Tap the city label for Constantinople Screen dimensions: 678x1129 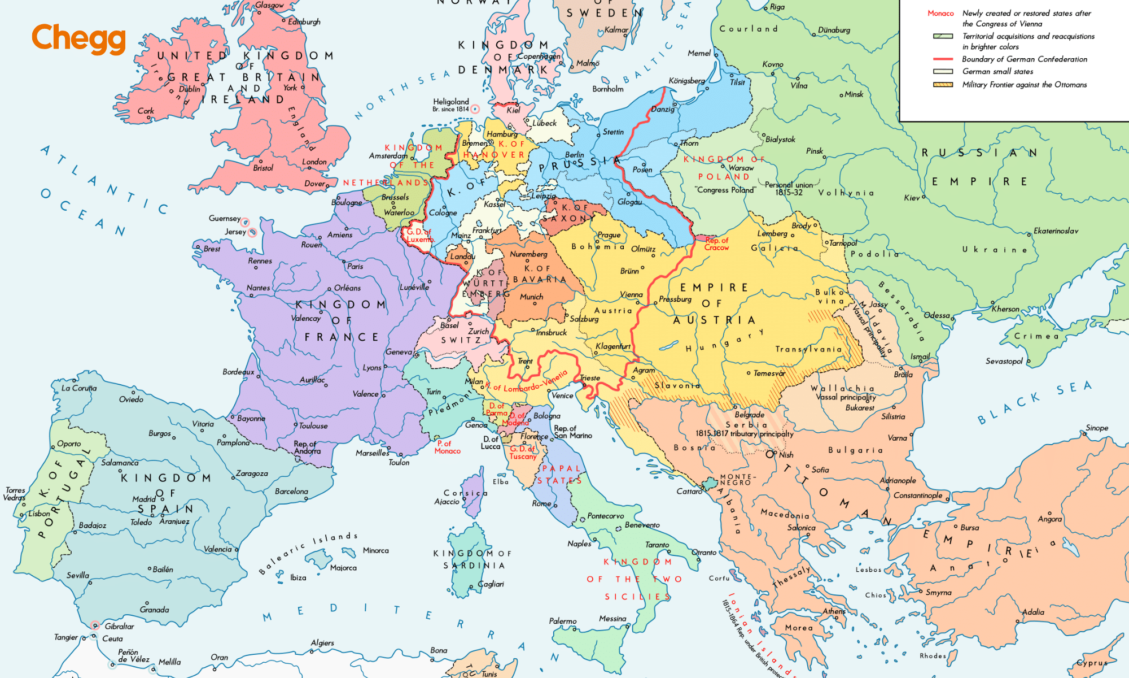[917, 496]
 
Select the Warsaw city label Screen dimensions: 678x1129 [741, 168]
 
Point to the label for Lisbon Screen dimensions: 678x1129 [39, 514]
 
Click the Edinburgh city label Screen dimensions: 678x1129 [304, 22]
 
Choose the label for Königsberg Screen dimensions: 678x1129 [686, 81]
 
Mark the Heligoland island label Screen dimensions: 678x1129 [450, 102]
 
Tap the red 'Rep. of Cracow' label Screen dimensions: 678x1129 [716, 244]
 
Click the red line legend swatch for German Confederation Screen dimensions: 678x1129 [943, 59]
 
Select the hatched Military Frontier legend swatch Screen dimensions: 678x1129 [943, 85]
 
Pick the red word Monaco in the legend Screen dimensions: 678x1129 [940, 14]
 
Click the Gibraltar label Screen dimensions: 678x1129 [119, 626]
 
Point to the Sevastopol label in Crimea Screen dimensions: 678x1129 [1004, 361]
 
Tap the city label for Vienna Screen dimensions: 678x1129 [631, 294]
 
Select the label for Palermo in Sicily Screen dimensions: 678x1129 [563, 621]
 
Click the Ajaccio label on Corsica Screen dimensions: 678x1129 [447, 502]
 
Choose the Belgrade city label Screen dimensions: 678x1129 [749, 415]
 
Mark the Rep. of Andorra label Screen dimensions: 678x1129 [307, 447]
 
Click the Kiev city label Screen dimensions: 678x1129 [911, 198]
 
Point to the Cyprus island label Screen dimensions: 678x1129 [1092, 663]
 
